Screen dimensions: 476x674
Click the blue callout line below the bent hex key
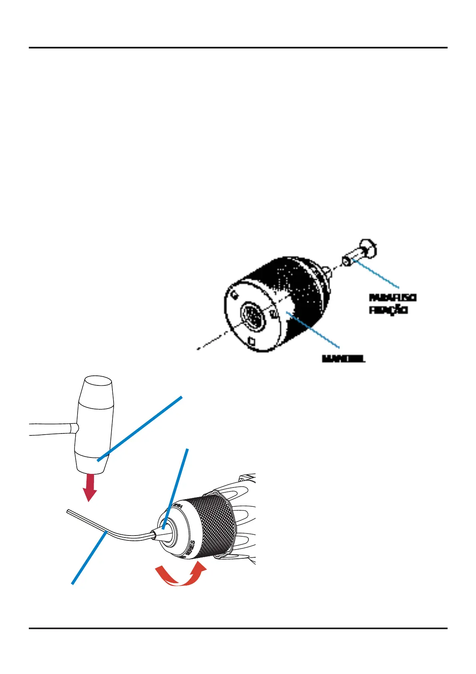89,558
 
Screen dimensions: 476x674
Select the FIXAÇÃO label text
388,310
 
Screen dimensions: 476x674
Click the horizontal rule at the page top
238,48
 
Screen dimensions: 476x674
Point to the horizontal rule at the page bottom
238,628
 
